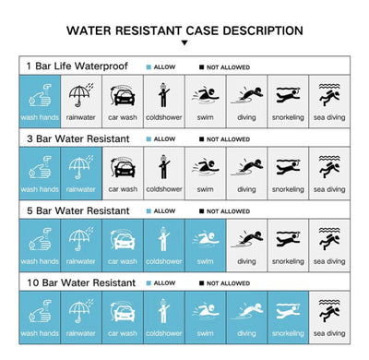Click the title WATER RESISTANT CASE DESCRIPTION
pyautogui.click(x=184, y=30)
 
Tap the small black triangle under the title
pyautogui.click(x=184, y=42)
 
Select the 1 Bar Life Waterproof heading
pyautogui.click(x=76, y=66)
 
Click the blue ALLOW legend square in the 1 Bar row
pyautogui.click(x=149, y=66)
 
